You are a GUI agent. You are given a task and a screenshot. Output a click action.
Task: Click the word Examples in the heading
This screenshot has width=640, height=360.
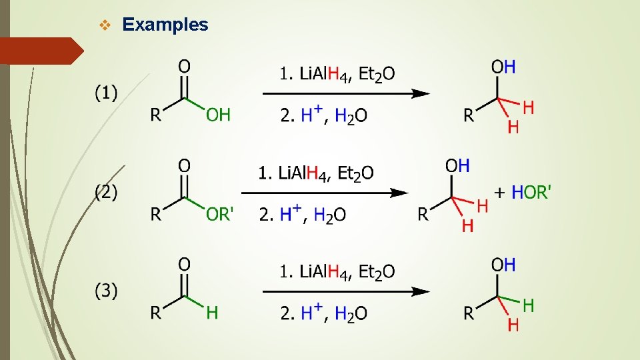click(x=165, y=25)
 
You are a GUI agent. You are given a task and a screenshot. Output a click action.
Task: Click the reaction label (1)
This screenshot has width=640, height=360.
click(x=105, y=93)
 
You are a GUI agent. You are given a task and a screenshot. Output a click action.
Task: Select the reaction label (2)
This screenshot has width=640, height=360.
click(x=105, y=193)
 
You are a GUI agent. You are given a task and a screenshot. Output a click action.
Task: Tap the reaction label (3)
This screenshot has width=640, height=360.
click(x=105, y=291)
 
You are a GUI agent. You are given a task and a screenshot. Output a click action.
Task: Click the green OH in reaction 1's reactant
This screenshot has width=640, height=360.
click(x=218, y=115)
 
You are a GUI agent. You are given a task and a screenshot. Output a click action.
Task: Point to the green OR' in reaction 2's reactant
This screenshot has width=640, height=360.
click(x=219, y=214)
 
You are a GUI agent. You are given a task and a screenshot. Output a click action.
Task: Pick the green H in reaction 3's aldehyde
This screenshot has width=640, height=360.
click(x=212, y=312)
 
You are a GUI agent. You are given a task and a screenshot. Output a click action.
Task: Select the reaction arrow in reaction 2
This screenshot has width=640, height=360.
click(x=325, y=193)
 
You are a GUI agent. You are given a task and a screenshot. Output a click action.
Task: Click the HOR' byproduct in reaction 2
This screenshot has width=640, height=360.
click(x=531, y=193)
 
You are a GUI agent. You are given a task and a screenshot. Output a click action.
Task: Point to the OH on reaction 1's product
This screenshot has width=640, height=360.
click(x=503, y=67)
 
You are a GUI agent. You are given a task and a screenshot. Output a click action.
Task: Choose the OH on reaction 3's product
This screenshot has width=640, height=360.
click(x=503, y=265)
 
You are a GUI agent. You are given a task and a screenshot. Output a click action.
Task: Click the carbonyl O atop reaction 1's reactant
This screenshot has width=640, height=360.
click(x=185, y=66)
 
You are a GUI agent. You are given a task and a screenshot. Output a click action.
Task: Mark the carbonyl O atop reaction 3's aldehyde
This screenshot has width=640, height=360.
click(x=185, y=264)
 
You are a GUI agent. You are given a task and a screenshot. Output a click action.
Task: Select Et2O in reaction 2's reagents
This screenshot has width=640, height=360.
click(x=355, y=173)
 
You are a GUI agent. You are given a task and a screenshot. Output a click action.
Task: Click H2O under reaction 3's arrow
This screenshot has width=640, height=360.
click(x=351, y=313)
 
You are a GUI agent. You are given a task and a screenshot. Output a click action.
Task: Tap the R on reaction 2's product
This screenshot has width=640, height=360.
click(x=423, y=214)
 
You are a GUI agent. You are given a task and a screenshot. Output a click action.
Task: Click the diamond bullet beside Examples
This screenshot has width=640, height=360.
click(x=103, y=25)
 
